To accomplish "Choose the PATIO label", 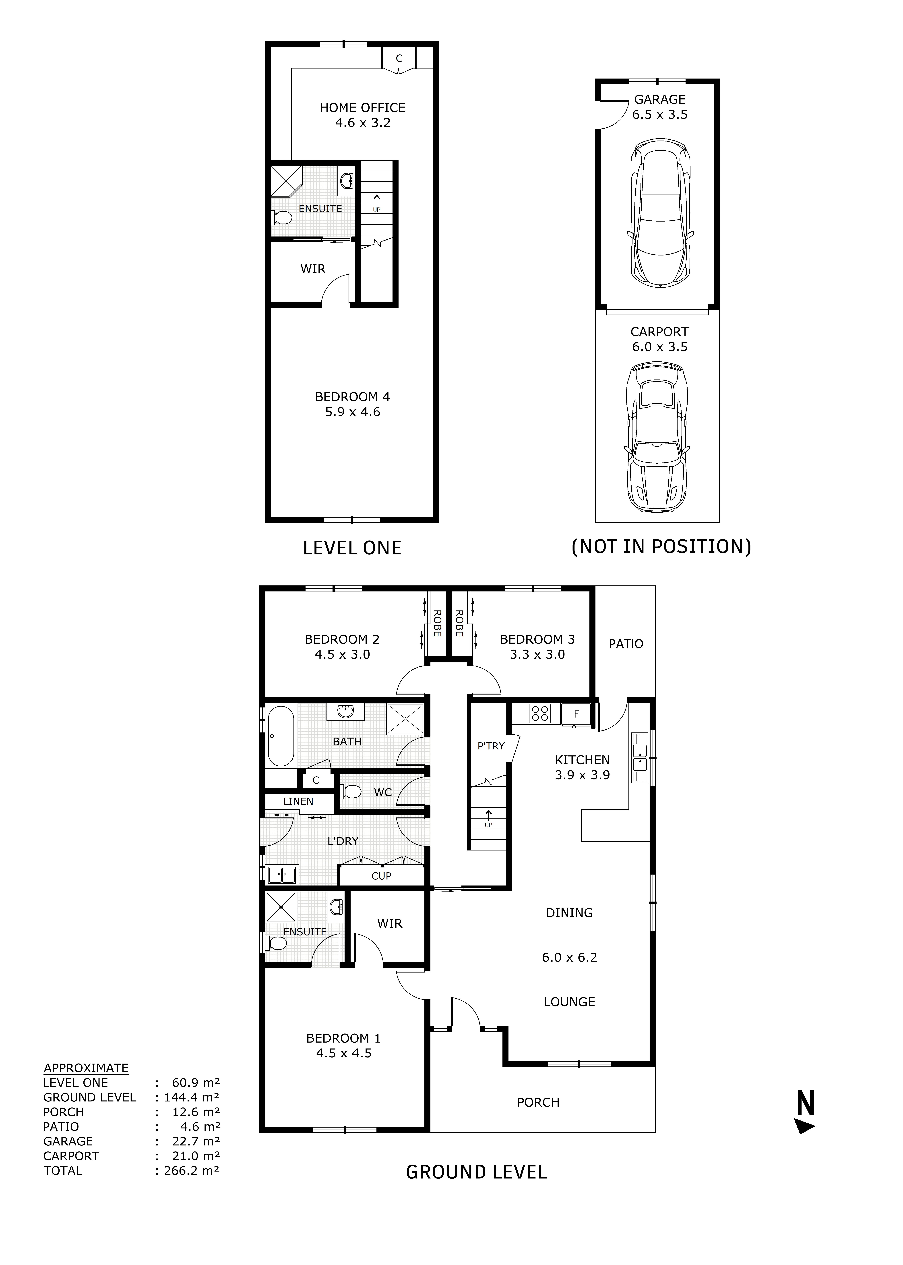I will pos(626,644).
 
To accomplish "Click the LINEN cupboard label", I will pos(298,801).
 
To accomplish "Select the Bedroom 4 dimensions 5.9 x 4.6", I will pos(353,412).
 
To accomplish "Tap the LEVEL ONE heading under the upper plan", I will pos(352,548).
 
